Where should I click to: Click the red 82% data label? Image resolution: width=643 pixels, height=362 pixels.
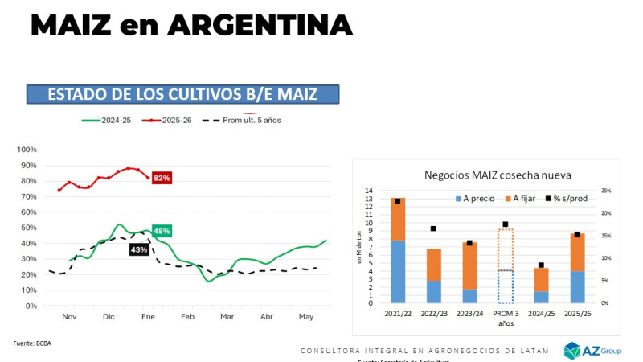pyautogui.click(x=162, y=178)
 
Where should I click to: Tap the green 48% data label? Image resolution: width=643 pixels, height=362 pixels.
pyautogui.click(x=162, y=232)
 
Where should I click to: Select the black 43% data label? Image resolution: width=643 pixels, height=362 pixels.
pyautogui.click(x=139, y=249)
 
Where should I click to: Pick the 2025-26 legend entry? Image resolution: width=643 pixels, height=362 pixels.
pyautogui.click(x=171, y=121)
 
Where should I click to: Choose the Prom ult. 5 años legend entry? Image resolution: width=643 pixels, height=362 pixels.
pyautogui.click(x=241, y=121)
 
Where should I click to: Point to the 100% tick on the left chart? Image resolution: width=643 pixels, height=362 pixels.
pyautogui.click(x=27, y=150)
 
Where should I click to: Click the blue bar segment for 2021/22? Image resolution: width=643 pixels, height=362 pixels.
pyautogui.click(x=398, y=272)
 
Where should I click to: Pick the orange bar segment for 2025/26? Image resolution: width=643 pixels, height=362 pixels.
pyautogui.click(x=577, y=252)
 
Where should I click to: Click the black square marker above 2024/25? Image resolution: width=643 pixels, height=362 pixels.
pyautogui.click(x=541, y=265)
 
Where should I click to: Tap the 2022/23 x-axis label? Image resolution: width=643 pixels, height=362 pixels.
pyautogui.click(x=433, y=312)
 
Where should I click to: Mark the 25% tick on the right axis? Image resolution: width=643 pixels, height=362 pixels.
pyautogui.click(x=607, y=191)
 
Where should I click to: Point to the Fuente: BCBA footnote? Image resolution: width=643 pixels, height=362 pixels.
pyautogui.click(x=32, y=343)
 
